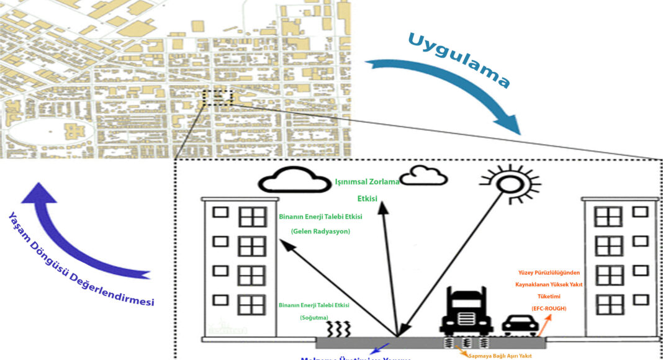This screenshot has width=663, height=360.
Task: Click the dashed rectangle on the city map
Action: pos(217,98)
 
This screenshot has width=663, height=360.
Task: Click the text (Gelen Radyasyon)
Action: pos(321,231)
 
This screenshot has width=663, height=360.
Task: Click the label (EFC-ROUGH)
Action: pos(548,308)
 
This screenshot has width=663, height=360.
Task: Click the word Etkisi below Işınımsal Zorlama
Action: pos(368,200)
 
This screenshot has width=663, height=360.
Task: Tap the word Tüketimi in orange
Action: pos(548,296)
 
